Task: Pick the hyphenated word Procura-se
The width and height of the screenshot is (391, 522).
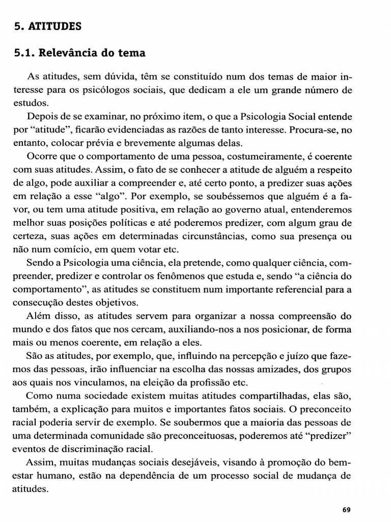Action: tap(313, 129)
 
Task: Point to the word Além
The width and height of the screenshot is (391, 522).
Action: tap(37, 316)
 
